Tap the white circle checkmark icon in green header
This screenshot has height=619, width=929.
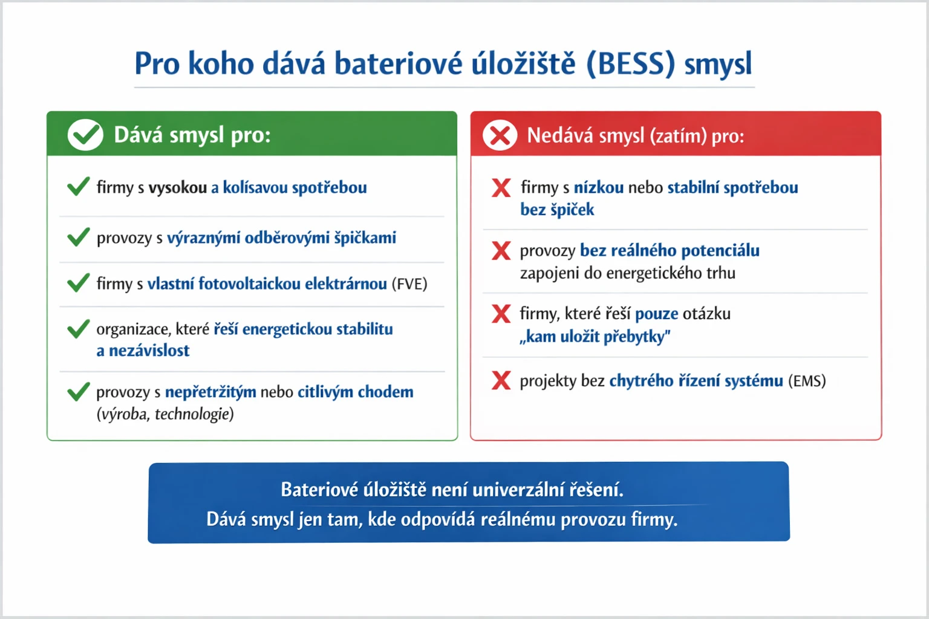(85, 134)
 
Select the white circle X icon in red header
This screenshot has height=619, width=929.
(500, 135)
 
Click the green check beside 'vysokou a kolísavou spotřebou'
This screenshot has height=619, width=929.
(79, 187)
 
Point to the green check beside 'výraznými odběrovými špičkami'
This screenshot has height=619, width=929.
(79, 237)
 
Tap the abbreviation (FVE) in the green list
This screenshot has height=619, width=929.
(409, 284)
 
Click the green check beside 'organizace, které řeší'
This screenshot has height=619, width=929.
(79, 329)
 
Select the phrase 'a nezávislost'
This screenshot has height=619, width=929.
(143, 351)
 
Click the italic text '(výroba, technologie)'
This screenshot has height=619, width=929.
(165, 414)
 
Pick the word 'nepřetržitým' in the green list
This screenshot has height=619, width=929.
(210, 392)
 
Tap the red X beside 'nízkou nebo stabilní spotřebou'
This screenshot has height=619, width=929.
(501, 187)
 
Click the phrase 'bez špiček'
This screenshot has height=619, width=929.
(557, 210)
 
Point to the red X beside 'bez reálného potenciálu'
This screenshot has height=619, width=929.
(501, 250)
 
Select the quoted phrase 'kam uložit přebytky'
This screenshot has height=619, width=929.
(595, 336)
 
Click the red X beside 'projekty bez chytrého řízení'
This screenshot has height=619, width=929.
(501, 380)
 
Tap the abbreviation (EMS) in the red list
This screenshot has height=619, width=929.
(807, 381)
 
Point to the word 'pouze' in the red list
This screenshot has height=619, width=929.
(656, 314)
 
